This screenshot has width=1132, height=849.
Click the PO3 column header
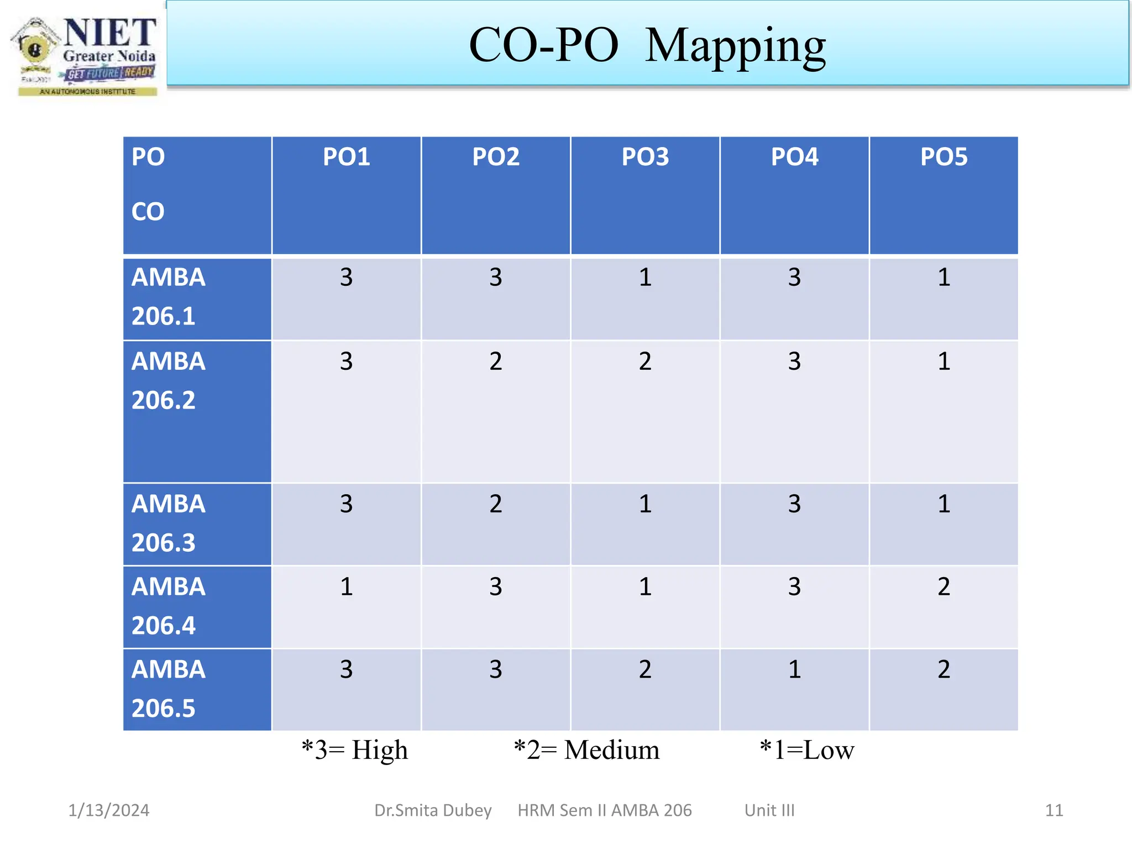click(x=645, y=157)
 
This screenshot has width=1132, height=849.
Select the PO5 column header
click(x=944, y=157)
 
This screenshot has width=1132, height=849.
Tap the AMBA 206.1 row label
click(x=169, y=297)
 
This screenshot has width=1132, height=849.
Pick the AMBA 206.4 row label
click(x=169, y=606)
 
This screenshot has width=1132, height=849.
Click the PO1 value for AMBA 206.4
click(x=347, y=586)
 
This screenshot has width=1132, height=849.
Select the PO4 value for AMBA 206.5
click(x=794, y=669)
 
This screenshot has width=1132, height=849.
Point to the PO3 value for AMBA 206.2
click(x=645, y=361)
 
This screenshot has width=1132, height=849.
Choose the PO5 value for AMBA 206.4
click(x=944, y=586)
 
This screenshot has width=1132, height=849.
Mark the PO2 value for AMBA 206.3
click(x=496, y=504)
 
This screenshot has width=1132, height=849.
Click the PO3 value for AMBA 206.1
click(x=645, y=277)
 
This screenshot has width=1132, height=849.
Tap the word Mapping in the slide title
click(x=735, y=46)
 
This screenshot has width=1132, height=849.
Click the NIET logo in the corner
click(x=86, y=55)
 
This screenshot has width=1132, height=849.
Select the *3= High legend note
click(x=355, y=750)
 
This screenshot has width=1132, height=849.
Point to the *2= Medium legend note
click(x=586, y=750)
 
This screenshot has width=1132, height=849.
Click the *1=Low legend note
click(x=807, y=750)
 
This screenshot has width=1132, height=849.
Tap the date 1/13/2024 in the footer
click(x=109, y=810)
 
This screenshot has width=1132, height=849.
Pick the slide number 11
click(x=1054, y=810)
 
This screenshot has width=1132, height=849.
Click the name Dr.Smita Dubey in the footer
click(x=433, y=810)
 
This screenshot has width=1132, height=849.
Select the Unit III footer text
click(x=769, y=810)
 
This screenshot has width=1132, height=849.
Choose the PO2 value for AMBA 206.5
click(x=496, y=669)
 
